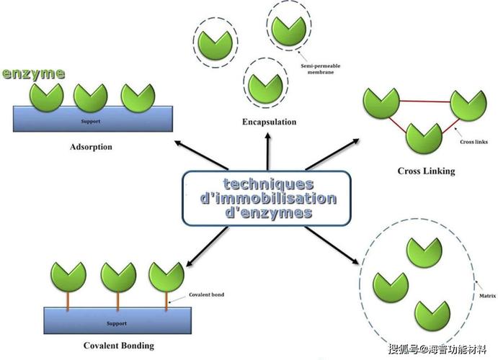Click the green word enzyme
point(33,74)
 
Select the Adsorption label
point(91,147)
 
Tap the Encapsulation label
point(270,122)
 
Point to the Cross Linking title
point(426,171)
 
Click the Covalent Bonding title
point(119,346)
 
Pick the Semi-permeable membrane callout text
point(321,69)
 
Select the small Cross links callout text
point(473,142)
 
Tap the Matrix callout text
point(487,296)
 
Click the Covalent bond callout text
point(206,294)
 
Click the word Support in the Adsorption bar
point(91,121)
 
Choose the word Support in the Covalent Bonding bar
point(117,323)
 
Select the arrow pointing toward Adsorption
point(201,155)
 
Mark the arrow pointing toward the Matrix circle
point(332,246)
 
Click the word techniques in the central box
point(268,184)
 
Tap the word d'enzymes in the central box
point(268,212)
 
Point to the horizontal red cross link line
point(425,102)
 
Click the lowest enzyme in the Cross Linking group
point(424,139)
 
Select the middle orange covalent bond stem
point(117,301)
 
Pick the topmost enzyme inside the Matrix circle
point(424,253)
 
